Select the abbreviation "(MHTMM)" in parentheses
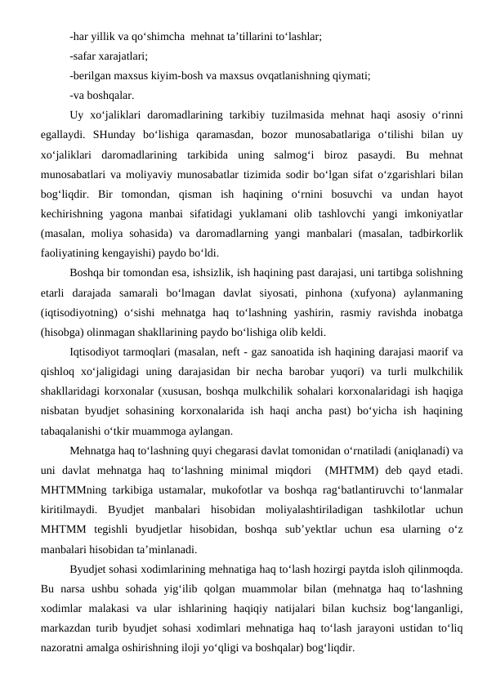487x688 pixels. (x=353, y=469)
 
